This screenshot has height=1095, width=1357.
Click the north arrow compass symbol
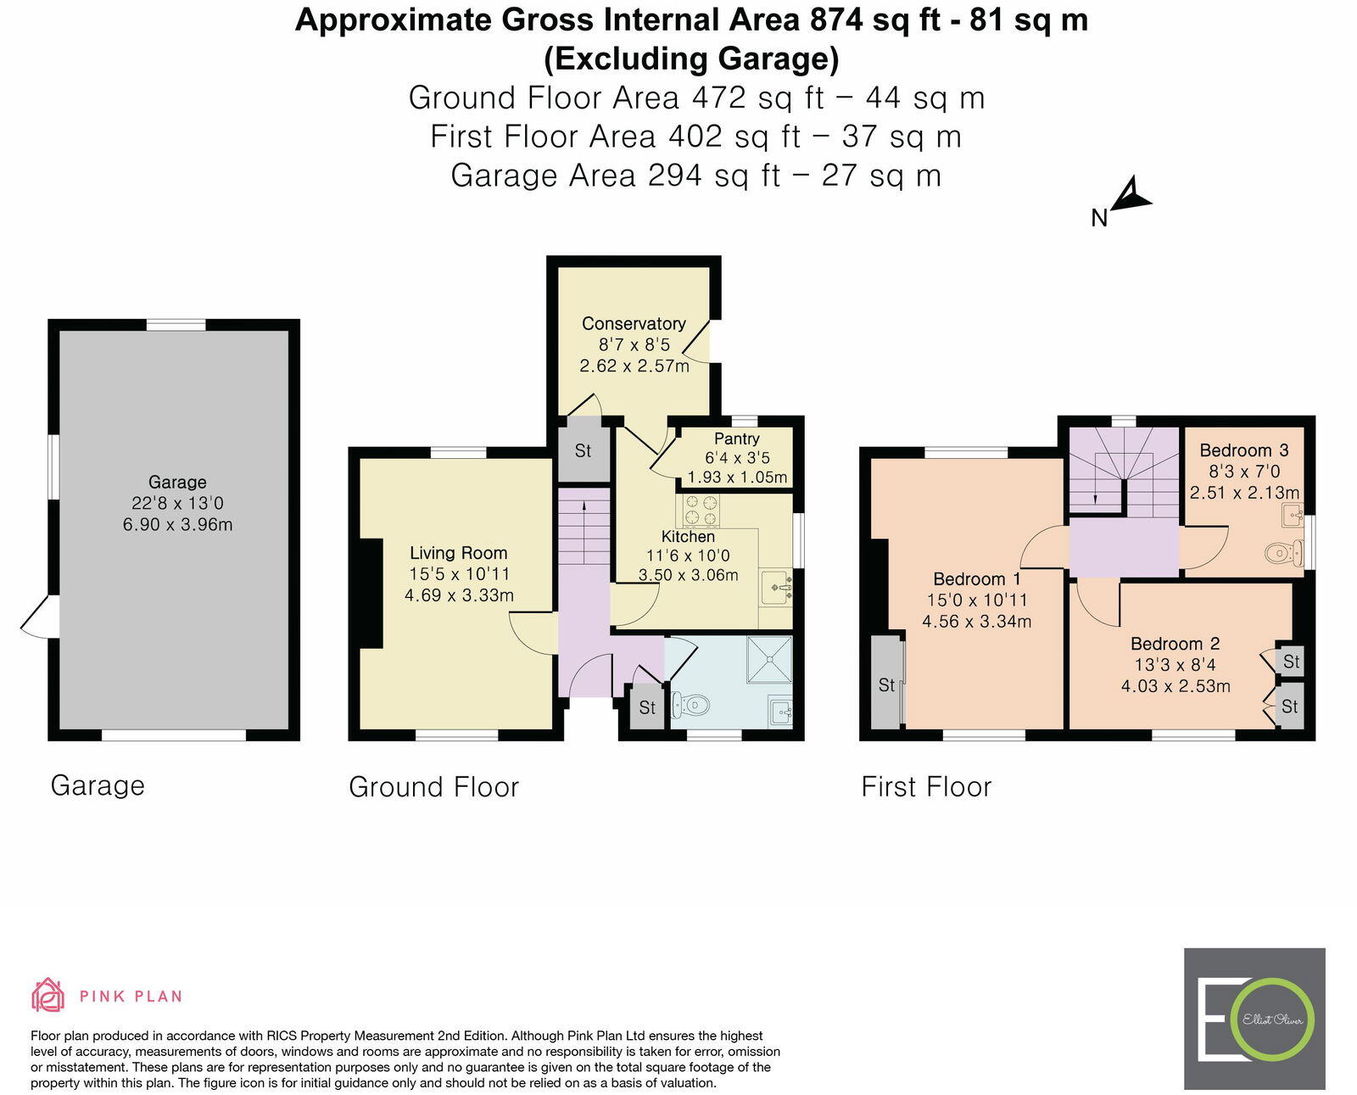tap(1130, 197)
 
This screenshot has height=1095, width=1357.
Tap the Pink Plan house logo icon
tap(47, 995)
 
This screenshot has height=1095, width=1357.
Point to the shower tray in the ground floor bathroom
tap(769, 659)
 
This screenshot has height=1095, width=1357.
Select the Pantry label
tap(736, 439)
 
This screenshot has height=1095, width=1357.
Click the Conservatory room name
tap(634, 323)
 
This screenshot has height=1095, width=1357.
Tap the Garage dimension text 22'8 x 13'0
tap(177, 503)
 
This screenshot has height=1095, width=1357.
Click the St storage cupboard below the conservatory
tap(583, 450)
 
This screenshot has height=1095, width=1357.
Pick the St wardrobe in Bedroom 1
tap(886, 684)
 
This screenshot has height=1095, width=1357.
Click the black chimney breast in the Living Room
tap(371, 594)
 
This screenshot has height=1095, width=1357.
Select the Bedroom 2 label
tap(1175, 644)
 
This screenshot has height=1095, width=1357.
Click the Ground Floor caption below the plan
tap(433, 787)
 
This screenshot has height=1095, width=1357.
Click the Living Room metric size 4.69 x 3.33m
tap(459, 595)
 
